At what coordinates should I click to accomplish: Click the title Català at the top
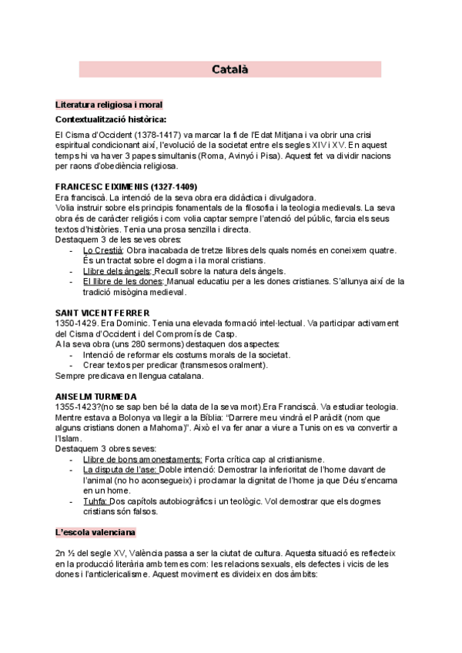[x=230, y=70]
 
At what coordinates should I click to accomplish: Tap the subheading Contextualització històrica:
[x=111, y=119]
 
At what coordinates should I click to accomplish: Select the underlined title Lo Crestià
[x=102, y=250]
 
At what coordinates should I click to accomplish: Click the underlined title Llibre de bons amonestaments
[x=142, y=459]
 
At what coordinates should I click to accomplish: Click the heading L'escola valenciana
[x=96, y=532]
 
